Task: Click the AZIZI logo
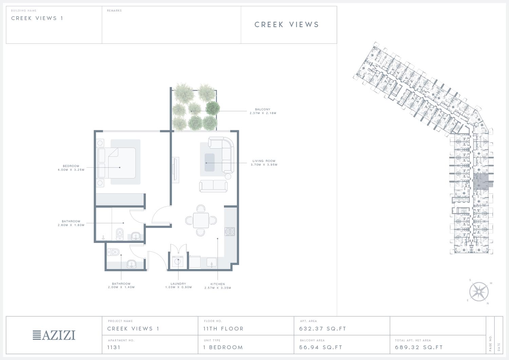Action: pos(54,335)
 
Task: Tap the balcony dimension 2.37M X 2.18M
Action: pos(263,113)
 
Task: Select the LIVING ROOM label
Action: pos(264,161)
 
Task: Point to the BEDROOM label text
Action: pos(71,166)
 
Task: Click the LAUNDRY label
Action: pos(178,284)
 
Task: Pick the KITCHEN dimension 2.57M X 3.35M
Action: pos(218,288)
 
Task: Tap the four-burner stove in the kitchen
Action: pos(229,232)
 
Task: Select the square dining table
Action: pos(201,220)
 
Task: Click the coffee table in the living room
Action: pos(209,163)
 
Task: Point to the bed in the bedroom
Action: pos(117,163)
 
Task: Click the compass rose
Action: pos(479,291)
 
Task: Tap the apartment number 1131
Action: pos(114,347)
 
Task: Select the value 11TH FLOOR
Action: pos(223,329)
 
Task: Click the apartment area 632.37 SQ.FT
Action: pos(323,329)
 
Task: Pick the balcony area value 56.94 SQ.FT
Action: pos(321,347)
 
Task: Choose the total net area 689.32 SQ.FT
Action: pos(419,347)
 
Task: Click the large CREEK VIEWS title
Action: pos(287,24)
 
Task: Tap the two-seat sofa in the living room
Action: pos(213,186)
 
